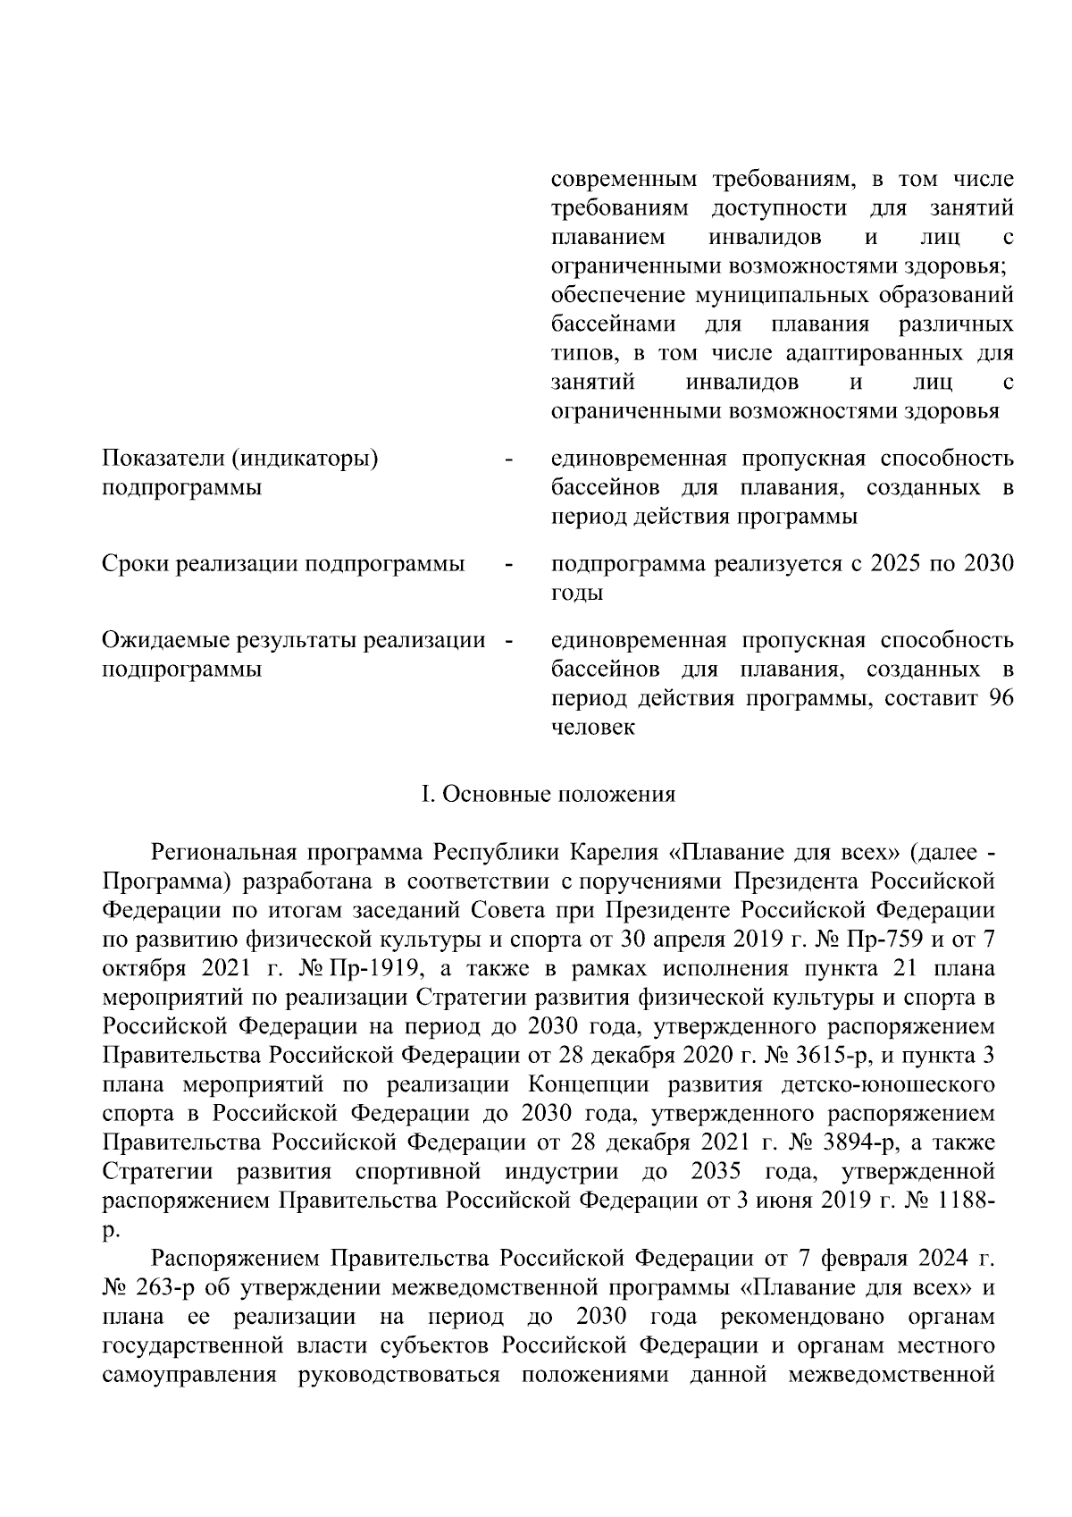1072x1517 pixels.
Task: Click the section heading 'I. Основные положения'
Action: pos(549,794)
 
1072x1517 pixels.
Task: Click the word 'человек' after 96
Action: pos(592,727)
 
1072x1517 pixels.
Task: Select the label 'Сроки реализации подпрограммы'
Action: pos(283,564)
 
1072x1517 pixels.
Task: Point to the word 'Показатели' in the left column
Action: pos(163,459)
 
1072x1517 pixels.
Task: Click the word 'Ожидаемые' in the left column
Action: pos(165,640)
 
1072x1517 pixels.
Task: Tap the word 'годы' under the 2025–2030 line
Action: pos(576,593)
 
